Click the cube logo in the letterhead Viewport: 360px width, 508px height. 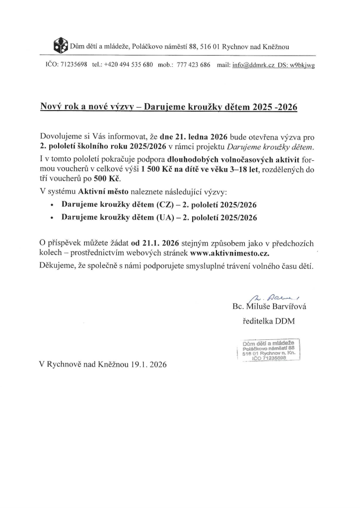59,46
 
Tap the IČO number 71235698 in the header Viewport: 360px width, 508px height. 73,65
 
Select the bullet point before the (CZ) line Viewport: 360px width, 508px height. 53,204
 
